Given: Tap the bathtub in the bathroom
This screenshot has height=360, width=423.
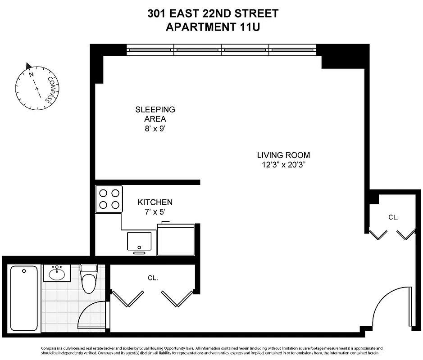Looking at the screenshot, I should pyautogui.click(x=24, y=297).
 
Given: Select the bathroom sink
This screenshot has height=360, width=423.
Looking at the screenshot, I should pyautogui.click(x=57, y=273).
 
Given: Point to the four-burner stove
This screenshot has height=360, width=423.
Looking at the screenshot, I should pyautogui.click(x=109, y=199).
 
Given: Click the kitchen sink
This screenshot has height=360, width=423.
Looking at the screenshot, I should pyautogui.click(x=139, y=242).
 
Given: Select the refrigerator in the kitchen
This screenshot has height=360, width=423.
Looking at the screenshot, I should pyautogui.click(x=176, y=239).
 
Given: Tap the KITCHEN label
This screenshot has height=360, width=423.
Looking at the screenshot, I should pyautogui.click(x=155, y=202).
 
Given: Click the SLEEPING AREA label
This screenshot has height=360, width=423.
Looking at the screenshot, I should pyautogui.click(x=155, y=114).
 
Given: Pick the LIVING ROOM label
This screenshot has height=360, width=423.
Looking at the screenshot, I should pyautogui.click(x=283, y=155).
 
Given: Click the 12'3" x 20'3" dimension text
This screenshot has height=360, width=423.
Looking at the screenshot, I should pyautogui.click(x=283, y=164).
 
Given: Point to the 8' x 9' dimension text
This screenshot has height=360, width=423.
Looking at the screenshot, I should pyautogui.click(x=155, y=129).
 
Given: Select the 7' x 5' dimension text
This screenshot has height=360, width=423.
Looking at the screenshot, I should pyautogui.click(x=155, y=211).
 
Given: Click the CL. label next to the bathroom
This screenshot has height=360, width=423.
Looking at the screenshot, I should pyautogui.click(x=153, y=278).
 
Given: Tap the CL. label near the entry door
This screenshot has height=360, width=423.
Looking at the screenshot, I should pyautogui.click(x=393, y=217).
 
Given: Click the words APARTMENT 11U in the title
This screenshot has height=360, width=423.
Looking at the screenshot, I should pyautogui.click(x=213, y=27).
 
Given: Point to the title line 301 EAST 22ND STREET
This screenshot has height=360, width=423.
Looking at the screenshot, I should pyautogui.click(x=213, y=13).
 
